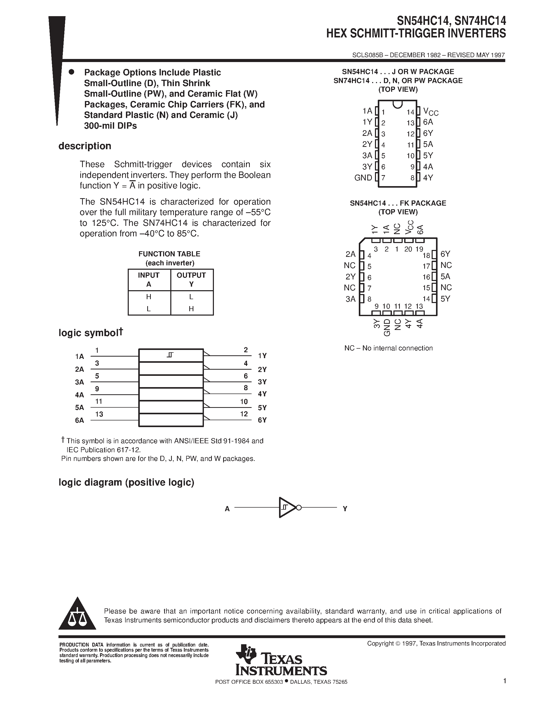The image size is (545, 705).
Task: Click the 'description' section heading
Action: tap(85, 146)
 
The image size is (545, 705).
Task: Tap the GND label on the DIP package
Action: tap(363, 178)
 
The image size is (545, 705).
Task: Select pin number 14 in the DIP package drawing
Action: tap(410, 112)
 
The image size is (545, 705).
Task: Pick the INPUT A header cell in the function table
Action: tap(148, 279)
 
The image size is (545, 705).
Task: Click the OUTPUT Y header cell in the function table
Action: tap(191, 279)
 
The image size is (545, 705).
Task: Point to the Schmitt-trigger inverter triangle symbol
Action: tap(287, 507)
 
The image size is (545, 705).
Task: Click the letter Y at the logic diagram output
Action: tap(345, 509)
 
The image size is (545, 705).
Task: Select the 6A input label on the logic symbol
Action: tap(80, 420)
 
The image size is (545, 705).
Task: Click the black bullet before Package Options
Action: tap(72, 72)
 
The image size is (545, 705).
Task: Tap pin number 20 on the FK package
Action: tap(408, 249)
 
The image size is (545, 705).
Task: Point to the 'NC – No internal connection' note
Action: tap(388, 348)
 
